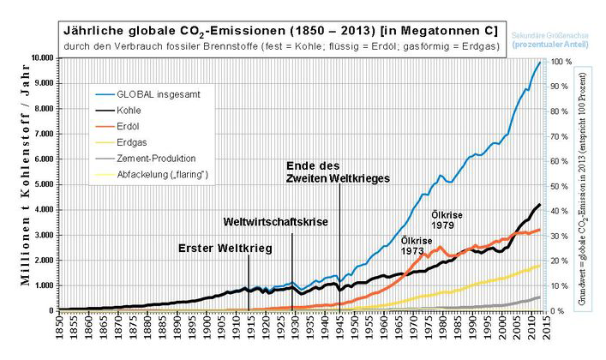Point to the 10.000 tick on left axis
coord(43,58)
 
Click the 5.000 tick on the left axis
coord(45,184)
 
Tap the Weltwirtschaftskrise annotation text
coord(276,223)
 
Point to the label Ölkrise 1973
coord(416,247)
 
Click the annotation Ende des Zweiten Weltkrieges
coord(338,171)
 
